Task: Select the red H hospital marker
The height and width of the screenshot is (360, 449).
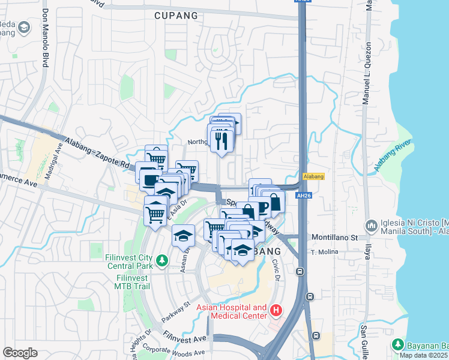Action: point(276,311)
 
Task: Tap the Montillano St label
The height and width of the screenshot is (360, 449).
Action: point(334,238)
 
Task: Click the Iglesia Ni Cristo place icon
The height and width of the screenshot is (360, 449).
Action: point(372,226)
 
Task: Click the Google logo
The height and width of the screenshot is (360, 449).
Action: point(20,353)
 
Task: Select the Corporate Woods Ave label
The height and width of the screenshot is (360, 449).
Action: point(161,348)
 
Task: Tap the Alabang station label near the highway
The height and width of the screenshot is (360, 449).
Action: point(314,176)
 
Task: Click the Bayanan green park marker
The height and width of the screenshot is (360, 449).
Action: point(397,344)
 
